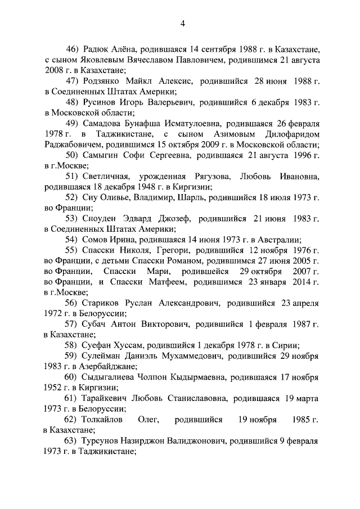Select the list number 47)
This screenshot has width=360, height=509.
[71, 81]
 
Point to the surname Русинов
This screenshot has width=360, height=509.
[99, 102]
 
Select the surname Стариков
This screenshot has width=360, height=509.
[102, 304]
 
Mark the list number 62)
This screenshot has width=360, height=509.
[71, 420]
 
